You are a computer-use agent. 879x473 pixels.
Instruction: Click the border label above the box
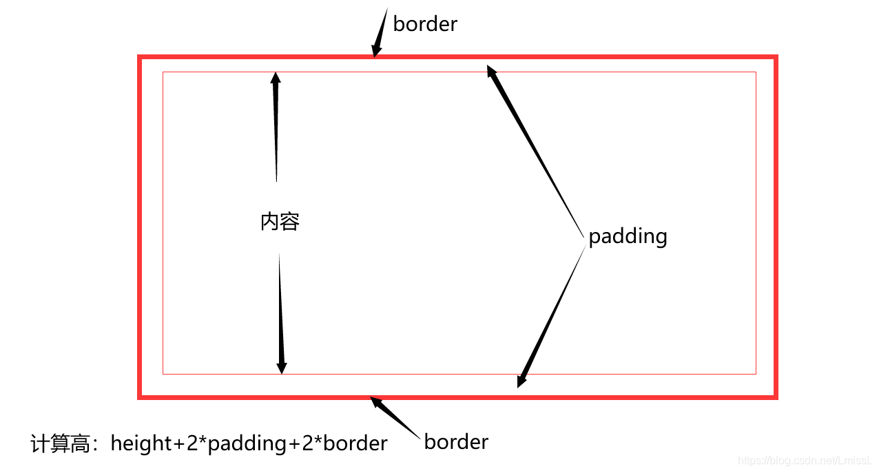coord(425,24)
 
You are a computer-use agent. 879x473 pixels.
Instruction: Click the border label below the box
coord(456,441)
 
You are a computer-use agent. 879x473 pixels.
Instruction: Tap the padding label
coord(628,236)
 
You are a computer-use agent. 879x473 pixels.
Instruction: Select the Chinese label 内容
coord(280,222)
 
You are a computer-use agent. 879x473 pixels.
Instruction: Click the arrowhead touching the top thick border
coord(376,50)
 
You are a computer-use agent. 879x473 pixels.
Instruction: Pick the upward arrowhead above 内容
coord(276,78)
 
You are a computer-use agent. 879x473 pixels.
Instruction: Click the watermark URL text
coord(805,460)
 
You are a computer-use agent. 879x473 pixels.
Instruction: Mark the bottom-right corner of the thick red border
coord(776,397)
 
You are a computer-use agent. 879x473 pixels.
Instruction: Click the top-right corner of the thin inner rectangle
coord(756,72)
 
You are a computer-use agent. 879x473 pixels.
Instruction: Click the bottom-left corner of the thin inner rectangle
coord(163,374)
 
